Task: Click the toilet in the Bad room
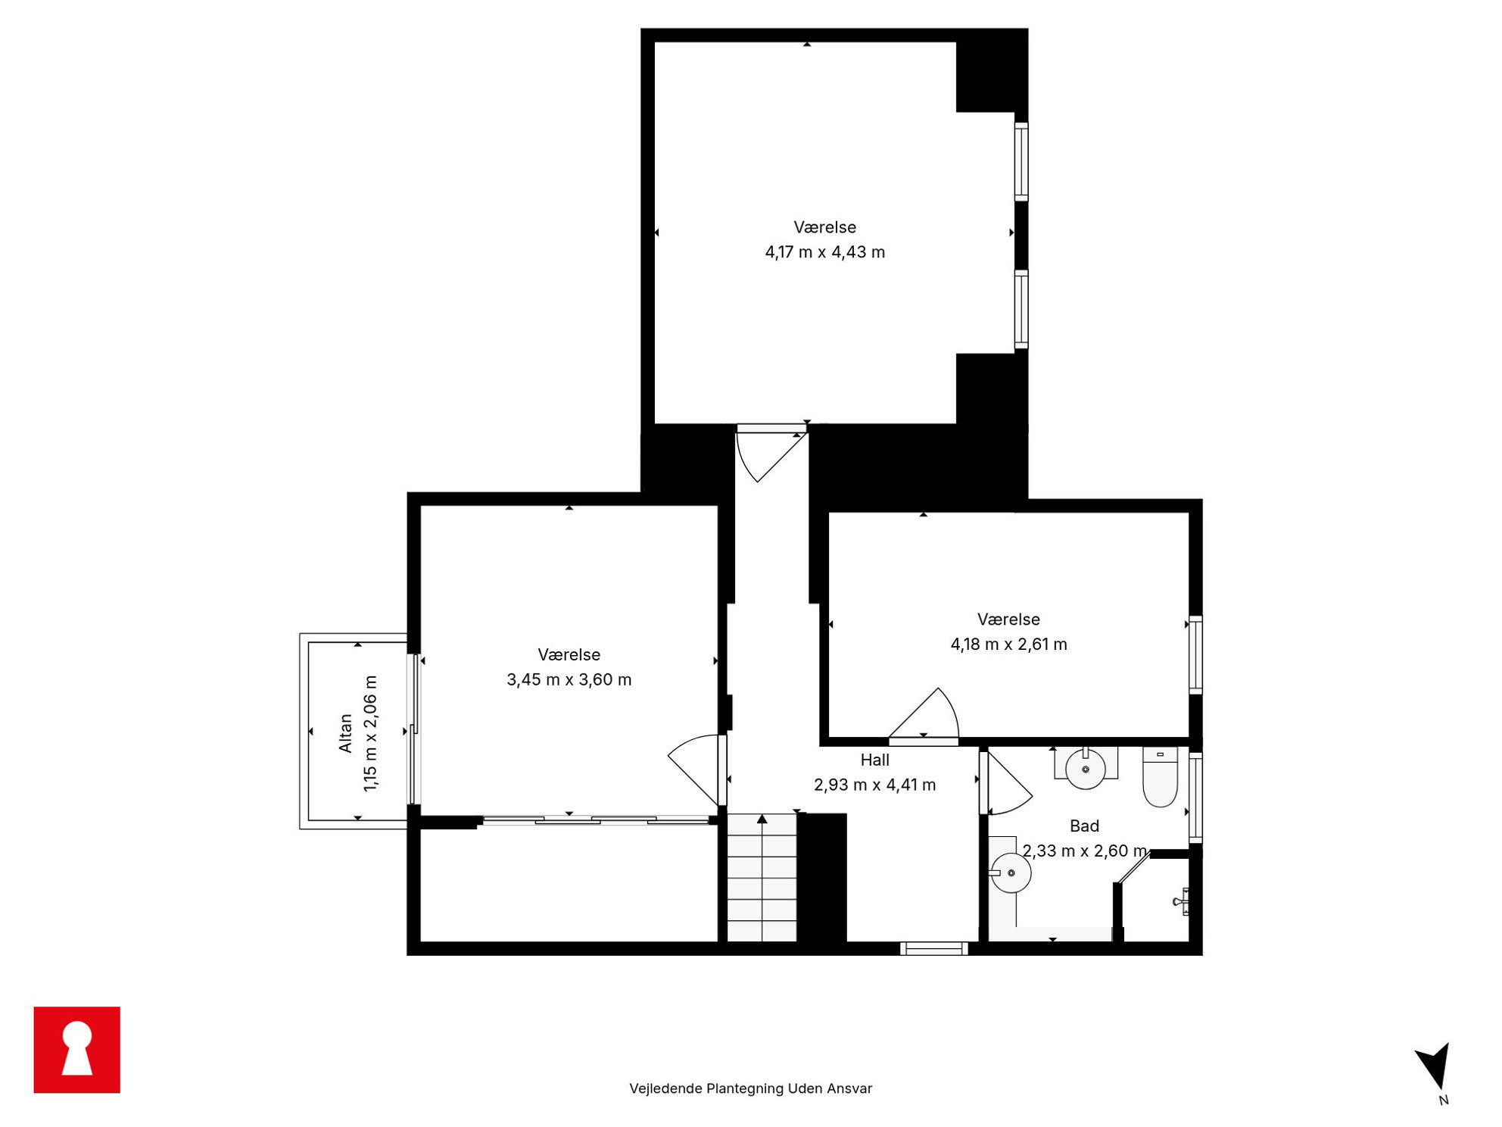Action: tap(1160, 776)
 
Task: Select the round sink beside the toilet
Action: tap(1086, 768)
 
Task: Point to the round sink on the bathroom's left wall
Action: tap(1011, 873)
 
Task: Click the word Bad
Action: tap(1084, 826)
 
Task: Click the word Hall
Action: tap(874, 760)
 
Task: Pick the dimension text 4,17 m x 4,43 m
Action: tap(824, 252)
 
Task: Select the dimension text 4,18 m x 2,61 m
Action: tap(1008, 645)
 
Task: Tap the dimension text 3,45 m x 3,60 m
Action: tap(569, 680)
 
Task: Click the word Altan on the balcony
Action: tap(346, 733)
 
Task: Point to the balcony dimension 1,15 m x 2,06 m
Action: tap(370, 734)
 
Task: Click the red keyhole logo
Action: tap(76, 1050)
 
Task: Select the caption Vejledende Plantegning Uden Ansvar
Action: tap(750, 1088)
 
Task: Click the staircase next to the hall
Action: tap(762, 878)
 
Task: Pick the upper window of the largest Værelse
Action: tap(1021, 161)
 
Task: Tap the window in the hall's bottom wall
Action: tap(934, 948)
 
